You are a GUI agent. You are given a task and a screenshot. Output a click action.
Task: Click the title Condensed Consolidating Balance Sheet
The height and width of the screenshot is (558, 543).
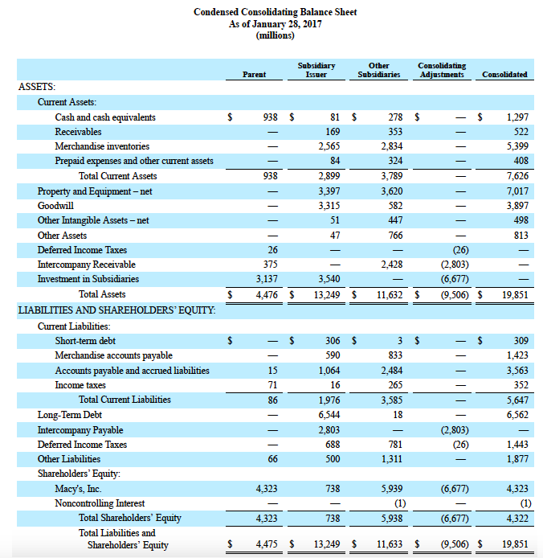click(276, 13)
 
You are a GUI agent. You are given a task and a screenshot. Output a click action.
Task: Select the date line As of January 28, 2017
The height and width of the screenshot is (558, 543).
click(275, 24)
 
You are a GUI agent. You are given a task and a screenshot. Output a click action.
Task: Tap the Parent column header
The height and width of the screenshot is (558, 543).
click(254, 75)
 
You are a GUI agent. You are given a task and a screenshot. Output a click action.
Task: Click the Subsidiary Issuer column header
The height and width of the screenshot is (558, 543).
click(316, 70)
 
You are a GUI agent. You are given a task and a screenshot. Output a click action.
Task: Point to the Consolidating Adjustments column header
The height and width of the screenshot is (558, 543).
click(441, 70)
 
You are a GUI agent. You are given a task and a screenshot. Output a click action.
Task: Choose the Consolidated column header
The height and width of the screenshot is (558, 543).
click(504, 75)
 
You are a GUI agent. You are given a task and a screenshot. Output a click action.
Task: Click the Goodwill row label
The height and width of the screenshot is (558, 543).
click(55, 206)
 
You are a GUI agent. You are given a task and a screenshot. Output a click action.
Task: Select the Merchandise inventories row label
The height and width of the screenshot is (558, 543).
click(102, 146)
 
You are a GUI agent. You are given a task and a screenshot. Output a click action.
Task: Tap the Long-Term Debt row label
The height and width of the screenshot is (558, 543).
click(70, 415)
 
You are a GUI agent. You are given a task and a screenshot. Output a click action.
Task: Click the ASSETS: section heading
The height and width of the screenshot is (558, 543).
click(37, 86)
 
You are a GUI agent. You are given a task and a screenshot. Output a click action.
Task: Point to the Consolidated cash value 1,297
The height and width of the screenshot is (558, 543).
click(515, 117)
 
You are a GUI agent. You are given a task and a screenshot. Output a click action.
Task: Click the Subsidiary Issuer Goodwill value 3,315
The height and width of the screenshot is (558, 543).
click(329, 206)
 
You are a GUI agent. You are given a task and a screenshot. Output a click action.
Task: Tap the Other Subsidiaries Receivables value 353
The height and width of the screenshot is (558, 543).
click(394, 132)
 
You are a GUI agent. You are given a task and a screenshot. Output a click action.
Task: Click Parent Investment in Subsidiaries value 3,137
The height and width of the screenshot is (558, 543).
click(266, 279)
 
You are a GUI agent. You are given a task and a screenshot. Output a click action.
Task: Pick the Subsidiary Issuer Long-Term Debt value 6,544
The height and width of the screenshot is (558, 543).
click(329, 415)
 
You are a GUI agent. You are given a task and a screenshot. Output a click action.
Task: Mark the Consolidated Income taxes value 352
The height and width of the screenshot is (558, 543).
click(519, 385)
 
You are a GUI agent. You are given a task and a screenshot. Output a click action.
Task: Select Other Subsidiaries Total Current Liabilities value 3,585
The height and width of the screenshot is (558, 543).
click(390, 400)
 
